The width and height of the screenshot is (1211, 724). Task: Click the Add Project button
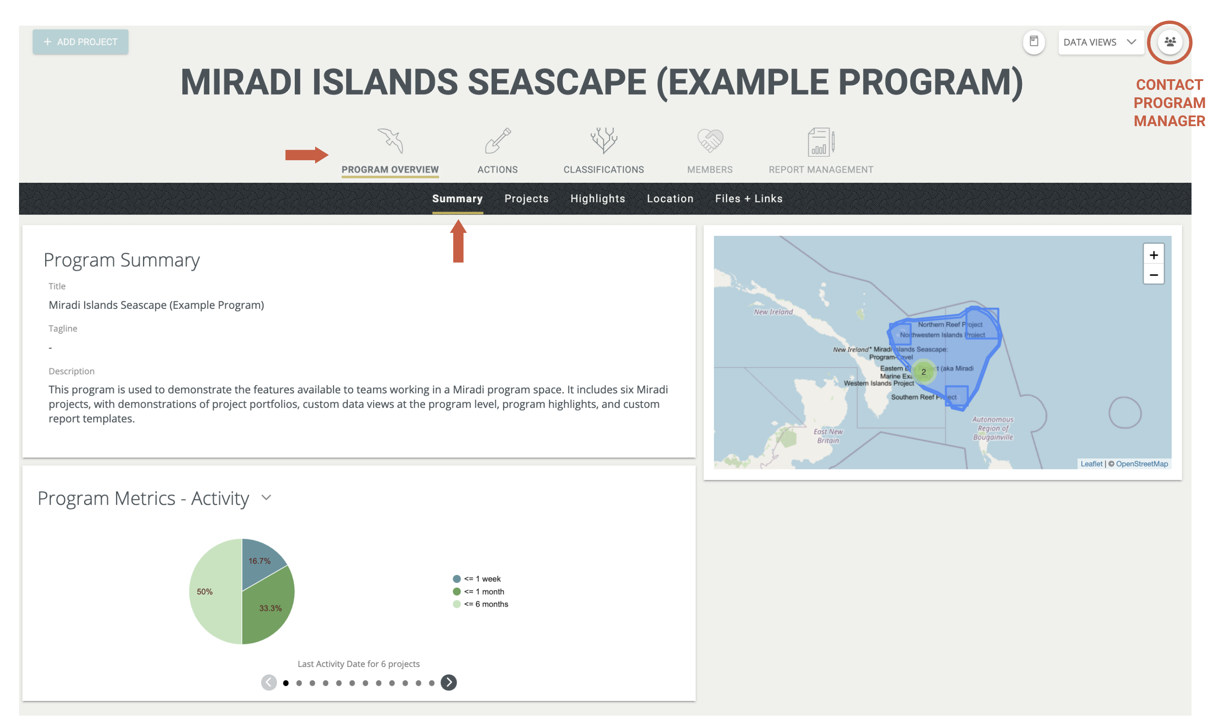click(81, 42)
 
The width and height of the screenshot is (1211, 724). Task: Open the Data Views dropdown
click(1100, 42)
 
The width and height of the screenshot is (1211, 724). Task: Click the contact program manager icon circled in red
click(1169, 42)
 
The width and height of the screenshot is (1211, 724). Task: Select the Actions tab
click(497, 151)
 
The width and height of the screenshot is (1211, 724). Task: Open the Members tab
click(710, 151)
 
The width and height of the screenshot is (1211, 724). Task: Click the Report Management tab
click(821, 151)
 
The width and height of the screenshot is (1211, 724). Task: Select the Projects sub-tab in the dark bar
click(526, 199)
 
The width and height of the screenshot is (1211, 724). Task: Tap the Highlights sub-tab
click(597, 199)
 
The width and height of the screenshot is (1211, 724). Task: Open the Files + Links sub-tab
click(748, 199)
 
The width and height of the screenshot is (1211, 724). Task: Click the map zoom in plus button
click(1153, 254)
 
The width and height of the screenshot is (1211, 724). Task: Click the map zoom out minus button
click(1153, 275)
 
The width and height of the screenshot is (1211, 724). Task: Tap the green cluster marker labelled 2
click(923, 372)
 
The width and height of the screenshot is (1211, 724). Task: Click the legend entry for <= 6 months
click(485, 604)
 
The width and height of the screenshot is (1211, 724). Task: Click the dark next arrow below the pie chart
click(448, 682)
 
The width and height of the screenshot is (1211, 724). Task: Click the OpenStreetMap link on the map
click(1141, 463)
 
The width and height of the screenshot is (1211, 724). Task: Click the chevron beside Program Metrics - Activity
click(266, 497)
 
